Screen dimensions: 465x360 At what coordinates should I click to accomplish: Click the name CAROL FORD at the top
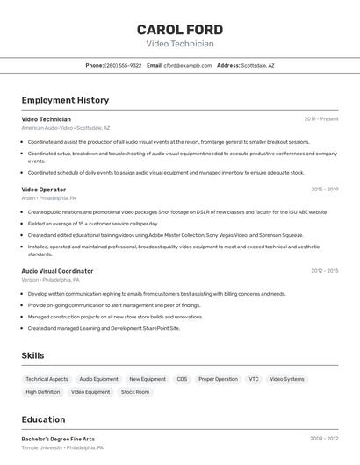pyautogui.click(x=179, y=30)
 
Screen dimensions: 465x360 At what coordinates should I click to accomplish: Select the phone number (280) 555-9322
pyautogui.click(x=123, y=65)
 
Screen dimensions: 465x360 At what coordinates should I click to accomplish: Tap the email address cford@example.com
pyautogui.click(x=187, y=65)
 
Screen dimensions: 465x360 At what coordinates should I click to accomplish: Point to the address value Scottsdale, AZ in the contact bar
pyautogui.click(x=258, y=65)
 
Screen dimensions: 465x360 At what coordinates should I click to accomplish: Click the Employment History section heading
pyautogui.click(x=65, y=100)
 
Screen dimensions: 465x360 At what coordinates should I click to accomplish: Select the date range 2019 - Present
pyautogui.click(x=320, y=119)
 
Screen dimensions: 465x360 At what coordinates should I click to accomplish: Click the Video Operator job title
pyautogui.click(x=43, y=190)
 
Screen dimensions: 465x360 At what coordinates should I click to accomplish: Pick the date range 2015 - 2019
pyautogui.click(x=324, y=190)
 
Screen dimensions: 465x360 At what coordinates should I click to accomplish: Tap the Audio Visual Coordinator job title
pyautogui.click(x=57, y=271)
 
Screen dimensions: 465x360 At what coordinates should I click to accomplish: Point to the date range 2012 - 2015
pyautogui.click(x=324, y=271)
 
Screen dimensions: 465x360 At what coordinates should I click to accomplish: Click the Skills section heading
pyautogui.click(x=32, y=355)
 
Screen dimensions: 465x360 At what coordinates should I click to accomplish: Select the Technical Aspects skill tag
pyautogui.click(x=47, y=379)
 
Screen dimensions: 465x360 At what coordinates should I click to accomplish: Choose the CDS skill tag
pyautogui.click(x=182, y=379)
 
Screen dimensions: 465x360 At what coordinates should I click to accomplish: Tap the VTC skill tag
pyautogui.click(x=254, y=379)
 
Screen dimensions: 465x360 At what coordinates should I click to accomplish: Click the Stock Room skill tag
pyautogui.click(x=135, y=392)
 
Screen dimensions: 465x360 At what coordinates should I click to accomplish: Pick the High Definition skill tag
pyautogui.click(x=43, y=392)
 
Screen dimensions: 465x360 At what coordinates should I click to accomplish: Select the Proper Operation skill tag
pyautogui.click(x=218, y=379)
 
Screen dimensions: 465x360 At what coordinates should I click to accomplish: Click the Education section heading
pyautogui.click(x=43, y=419)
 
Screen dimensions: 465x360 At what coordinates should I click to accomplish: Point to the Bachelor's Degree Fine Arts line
pyautogui.click(x=58, y=439)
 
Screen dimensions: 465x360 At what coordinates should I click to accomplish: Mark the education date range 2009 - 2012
pyautogui.click(x=324, y=439)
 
